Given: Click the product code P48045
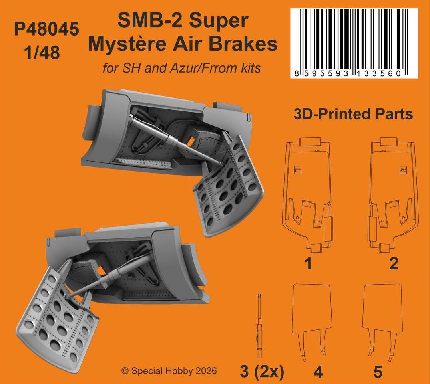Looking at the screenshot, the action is [x=47, y=29].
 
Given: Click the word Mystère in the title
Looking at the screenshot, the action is [x=127, y=44].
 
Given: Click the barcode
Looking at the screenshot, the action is [x=354, y=43].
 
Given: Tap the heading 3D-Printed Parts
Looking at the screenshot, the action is [x=353, y=114].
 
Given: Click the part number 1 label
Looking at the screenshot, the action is [x=308, y=263].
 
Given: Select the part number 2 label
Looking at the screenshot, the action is [x=394, y=263].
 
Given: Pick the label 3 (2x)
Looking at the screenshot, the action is [x=262, y=372].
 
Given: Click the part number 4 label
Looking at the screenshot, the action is [x=318, y=372].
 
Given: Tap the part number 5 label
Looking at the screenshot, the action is [x=378, y=372].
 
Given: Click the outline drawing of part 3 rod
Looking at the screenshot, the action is [x=259, y=326].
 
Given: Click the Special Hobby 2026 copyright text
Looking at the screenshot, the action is [x=169, y=371].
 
